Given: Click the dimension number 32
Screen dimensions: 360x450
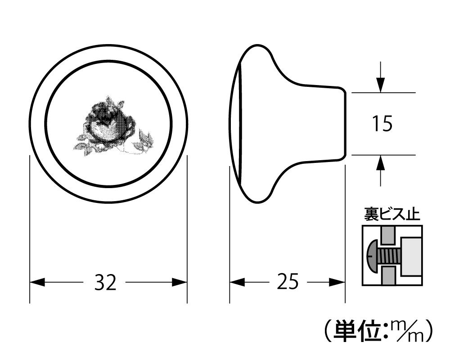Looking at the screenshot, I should pos(105,283).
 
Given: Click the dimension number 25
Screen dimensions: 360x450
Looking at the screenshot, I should pos(288,283).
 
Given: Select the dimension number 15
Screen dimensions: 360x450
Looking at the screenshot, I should pos(382,124).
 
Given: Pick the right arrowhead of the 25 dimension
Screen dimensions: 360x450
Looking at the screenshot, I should pos(338,283).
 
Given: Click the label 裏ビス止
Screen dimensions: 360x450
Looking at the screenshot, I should pos(392,214).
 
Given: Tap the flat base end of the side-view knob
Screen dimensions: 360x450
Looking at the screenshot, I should pos(344,124).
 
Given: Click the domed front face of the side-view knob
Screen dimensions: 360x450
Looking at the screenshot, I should pos(235,124).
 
